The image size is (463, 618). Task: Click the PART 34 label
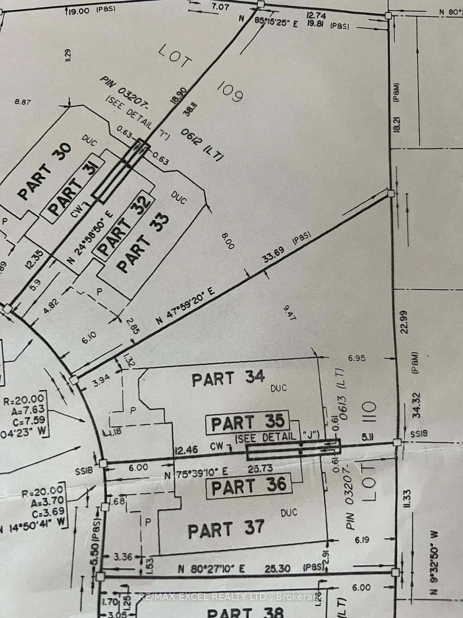tap(228, 379)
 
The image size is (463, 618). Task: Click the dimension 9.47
tap(289, 313)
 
